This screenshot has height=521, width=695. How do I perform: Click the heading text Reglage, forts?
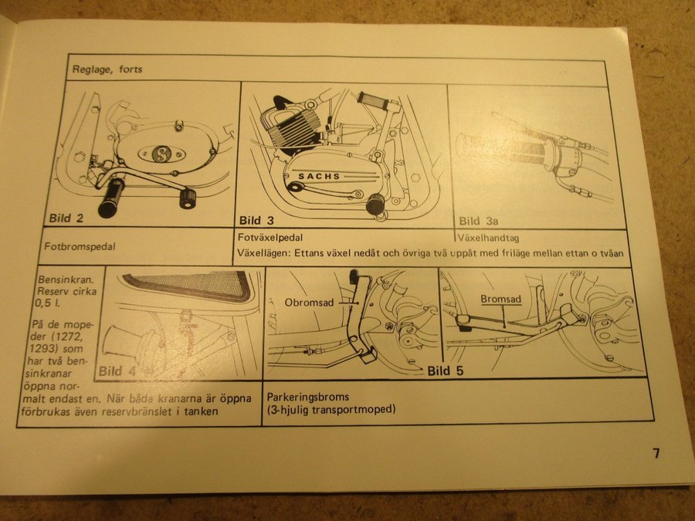click(x=107, y=69)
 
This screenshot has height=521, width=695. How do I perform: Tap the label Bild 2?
click(x=66, y=218)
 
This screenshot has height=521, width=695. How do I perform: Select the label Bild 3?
click(x=256, y=220)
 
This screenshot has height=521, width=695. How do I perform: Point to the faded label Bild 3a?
click(x=479, y=221)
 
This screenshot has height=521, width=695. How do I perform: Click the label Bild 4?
click(x=117, y=370)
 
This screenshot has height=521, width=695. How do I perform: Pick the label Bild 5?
click(x=446, y=370)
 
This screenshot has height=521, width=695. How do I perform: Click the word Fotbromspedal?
click(x=80, y=246)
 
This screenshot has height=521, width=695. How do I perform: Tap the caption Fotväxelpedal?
click(x=270, y=238)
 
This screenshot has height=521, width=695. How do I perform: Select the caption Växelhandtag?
click(x=488, y=238)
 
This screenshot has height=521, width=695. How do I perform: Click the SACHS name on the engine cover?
click(x=319, y=176)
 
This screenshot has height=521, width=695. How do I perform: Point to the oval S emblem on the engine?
click(x=161, y=154)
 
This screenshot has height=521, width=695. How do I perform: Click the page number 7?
click(x=656, y=453)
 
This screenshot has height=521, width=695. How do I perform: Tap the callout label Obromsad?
click(x=309, y=303)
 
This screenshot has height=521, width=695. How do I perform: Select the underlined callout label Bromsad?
click(x=501, y=299)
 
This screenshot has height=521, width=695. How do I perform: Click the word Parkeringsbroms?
click(x=307, y=397)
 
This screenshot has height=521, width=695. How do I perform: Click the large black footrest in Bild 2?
click(x=110, y=198)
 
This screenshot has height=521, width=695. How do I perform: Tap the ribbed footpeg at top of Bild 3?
click(x=373, y=101)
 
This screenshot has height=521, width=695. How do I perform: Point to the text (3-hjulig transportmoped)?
click(x=331, y=409)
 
